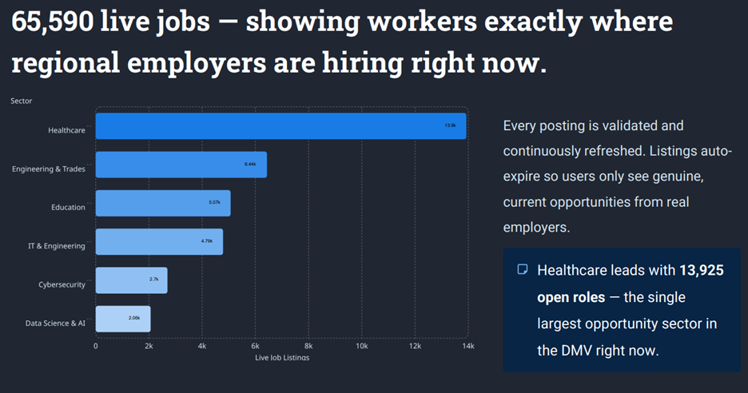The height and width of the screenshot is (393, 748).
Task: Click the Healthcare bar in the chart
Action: [280, 126]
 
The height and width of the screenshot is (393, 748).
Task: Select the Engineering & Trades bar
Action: [181, 165]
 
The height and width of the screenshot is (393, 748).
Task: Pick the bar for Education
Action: [162, 203]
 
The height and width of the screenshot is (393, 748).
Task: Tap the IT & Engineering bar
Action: [159, 242]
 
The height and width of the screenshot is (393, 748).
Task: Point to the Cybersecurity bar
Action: [131, 280]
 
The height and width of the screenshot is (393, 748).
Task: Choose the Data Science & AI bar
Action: [122, 319]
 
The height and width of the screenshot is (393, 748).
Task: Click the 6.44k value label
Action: [250, 164]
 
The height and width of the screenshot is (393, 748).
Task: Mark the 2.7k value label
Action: [153, 280]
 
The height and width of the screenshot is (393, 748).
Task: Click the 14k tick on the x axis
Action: [467, 346]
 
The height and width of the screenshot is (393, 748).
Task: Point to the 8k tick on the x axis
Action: [308, 346]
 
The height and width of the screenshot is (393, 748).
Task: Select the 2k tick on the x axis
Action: [149, 346]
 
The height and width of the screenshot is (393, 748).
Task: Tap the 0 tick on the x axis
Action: [96, 346]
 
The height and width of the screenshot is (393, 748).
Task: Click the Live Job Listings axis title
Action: [281, 357]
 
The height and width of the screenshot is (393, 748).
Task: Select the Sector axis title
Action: [22, 101]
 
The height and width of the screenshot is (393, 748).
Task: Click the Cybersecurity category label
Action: [62, 285]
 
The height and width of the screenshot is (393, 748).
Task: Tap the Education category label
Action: [68, 208]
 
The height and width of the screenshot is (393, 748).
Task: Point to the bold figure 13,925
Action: [701, 271]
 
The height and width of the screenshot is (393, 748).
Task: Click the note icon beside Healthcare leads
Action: [523, 270]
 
